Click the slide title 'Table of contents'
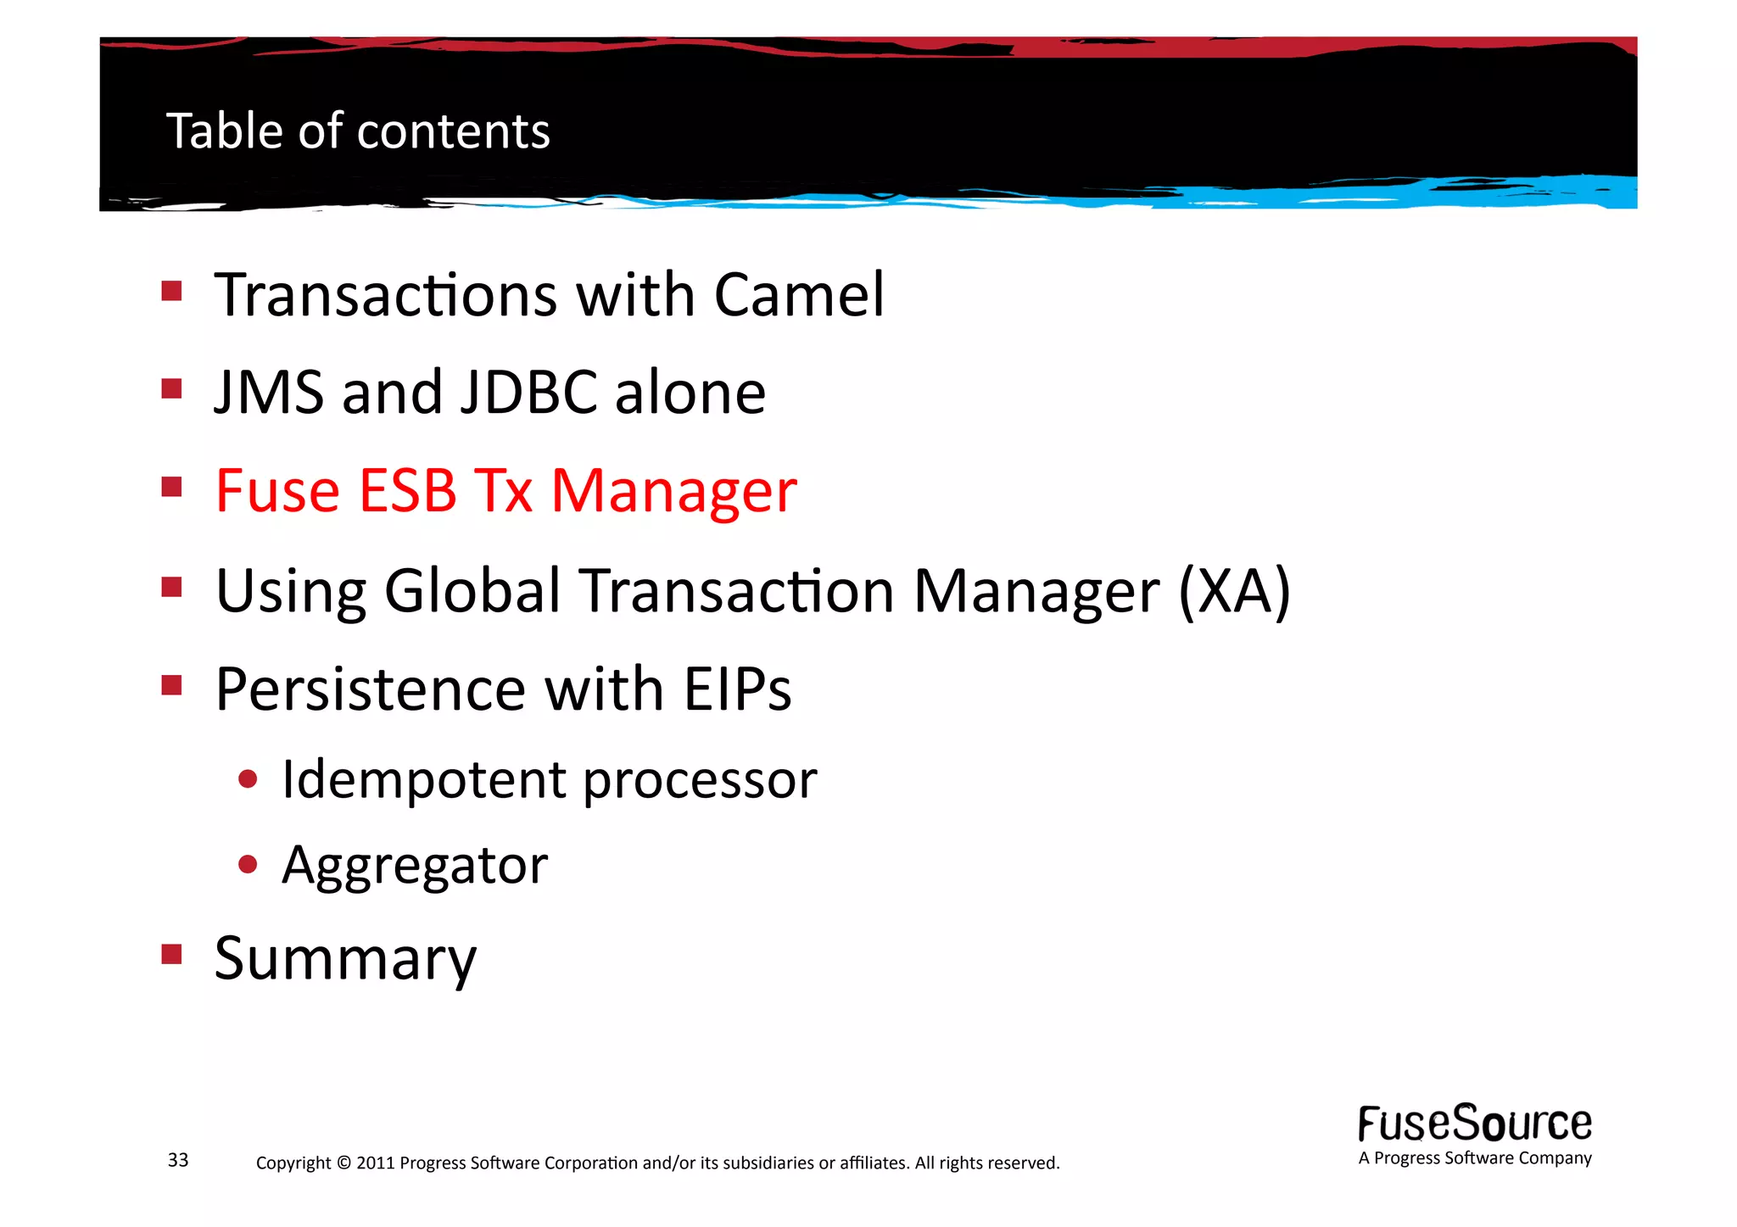(x=358, y=131)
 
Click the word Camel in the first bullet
(x=799, y=295)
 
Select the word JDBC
(x=529, y=393)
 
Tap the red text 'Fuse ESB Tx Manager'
(x=505, y=491)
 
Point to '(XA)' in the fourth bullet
(x=1235, y=591)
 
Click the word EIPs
(x=737, y=689)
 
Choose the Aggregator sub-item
(x=415, y=866)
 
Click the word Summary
(x=345, y=959)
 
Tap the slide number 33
(x=178, y=1160)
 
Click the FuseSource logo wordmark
(x=1475, y=1124)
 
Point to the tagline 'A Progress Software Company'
(x=1475, y=1158)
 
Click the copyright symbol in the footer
(x=343, y=1163)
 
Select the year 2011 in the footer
(x=376, y=1163)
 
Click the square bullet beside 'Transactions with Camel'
(x=172, y=292)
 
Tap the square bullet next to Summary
(x=172, y=955)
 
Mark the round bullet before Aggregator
(x=248, y=865)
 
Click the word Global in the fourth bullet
(x=472, y=591)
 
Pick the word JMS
(x=269, y=393)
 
